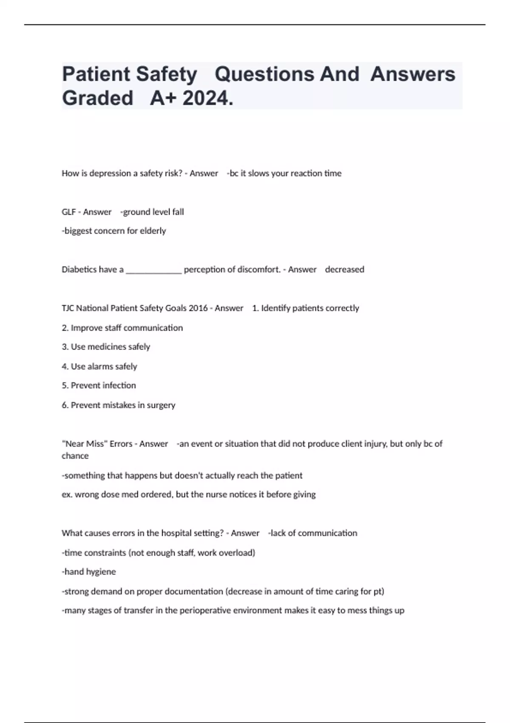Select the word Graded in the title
[x=98, y=99]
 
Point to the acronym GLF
[x=68, y=212]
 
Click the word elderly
[x=153, y=231]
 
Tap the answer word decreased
[x=344, y=270]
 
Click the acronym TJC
[x=67, y=308]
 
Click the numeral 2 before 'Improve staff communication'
[x=65, y=328]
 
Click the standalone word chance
[x=75, y=456]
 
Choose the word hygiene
[x=101, y=572]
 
